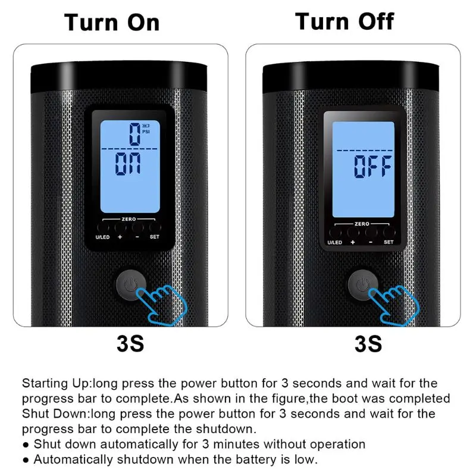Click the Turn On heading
click(x=112, y=23)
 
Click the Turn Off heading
click(x=345, y=21)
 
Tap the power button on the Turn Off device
click(x=359, y=284)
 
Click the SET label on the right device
click(x=389, y=242)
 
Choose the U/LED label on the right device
click(x=335, y=242)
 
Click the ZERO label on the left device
click(x=129, y=219)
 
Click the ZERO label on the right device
click(x=362, y=224)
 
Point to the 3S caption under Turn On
click(x=129, y=345)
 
